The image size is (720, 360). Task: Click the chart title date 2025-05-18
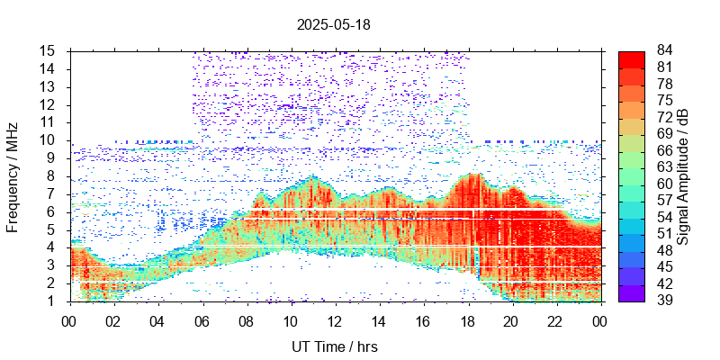pyautogui.click(x=333, y=25)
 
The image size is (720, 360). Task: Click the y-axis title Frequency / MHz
pyautogui.click(x=13, y=176)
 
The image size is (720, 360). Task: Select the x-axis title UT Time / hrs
pyautogui.click(x=334, y=346)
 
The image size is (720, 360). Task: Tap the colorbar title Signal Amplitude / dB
pyautogui.click(x=683, y=176)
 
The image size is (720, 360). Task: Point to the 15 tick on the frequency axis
pyautogui.click(x=48, y=50)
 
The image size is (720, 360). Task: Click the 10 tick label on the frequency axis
pyautogui.click(x=48, y=139)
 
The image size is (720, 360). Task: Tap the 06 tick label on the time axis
pyautogui.click(x=202, y=320)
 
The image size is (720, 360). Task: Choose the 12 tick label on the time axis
pyautogui.click(x=334, y=320)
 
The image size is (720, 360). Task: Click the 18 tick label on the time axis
pyautogui.click(x=467, y=320)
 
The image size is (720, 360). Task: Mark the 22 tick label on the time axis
pyautogui.click(x=555, y=320)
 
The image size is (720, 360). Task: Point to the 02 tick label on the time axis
pyautogui.click(x=113, y=320)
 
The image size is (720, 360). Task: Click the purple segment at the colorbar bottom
pyautogui.click(x=632, y=292)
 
